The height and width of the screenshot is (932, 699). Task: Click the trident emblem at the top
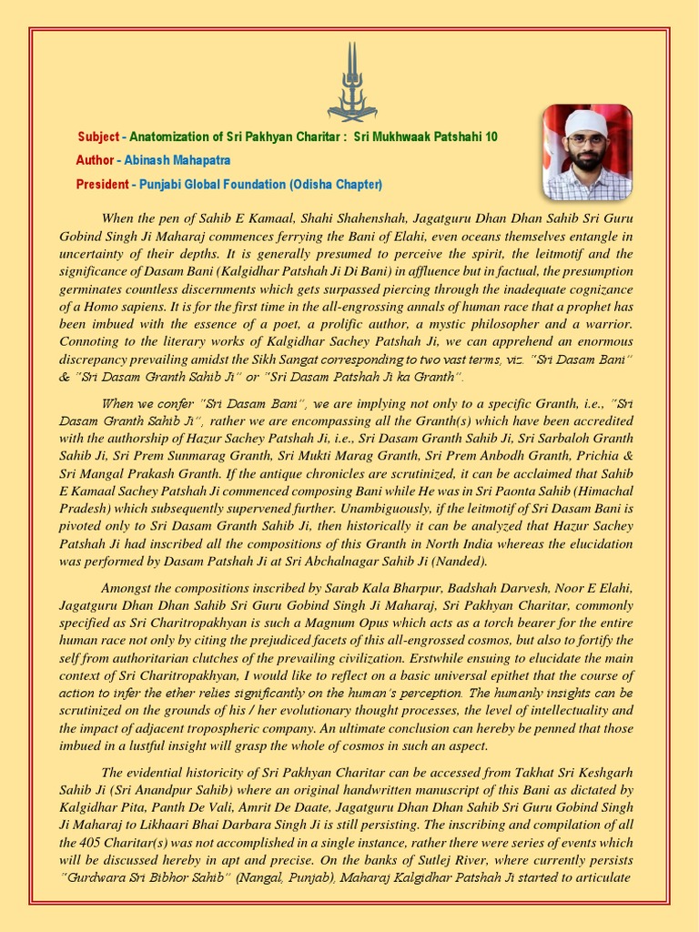(x=351, y=82)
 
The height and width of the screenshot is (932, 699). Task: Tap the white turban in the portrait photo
(x=586, y=121)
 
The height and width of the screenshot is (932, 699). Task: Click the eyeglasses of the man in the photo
(x=586, y=140)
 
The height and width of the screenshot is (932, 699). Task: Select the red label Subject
(x=98, y=137)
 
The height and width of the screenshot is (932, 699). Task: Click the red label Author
(x=95, y=160)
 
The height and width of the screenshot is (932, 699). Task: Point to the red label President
(x=102, y=184)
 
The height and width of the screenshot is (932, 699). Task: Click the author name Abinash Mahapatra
(x=177, y=160)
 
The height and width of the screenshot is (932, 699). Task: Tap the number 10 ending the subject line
(x=491, y=137)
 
